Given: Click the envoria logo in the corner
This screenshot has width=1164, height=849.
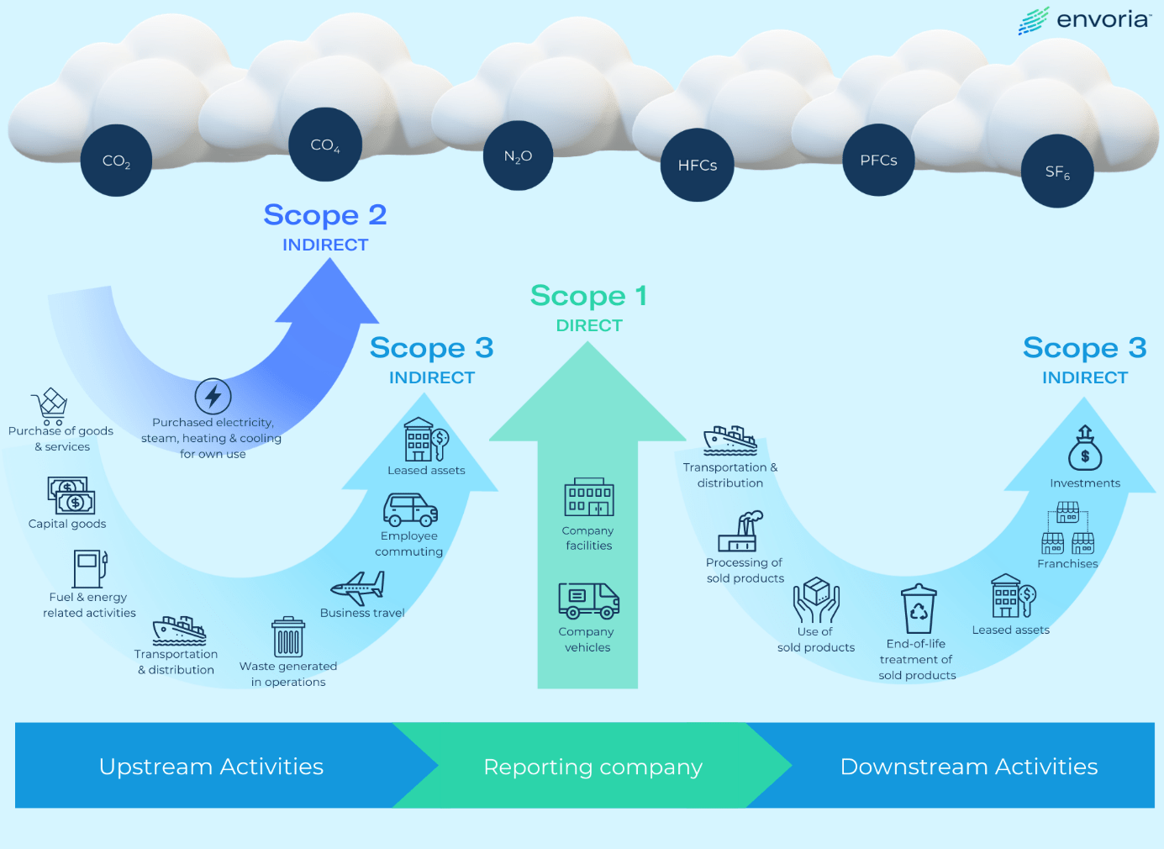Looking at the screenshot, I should pos(1083,20).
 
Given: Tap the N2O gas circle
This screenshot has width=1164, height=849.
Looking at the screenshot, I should pos(518,156).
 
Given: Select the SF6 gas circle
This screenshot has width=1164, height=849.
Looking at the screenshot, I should pos(1057,171).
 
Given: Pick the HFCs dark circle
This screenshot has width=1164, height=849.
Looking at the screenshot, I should pos(697,166).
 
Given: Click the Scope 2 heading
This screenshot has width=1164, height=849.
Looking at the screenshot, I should pos(325,215).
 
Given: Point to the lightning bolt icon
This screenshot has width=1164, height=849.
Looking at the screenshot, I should pos(213,396).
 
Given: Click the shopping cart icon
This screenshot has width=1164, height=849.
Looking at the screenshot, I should pos(50,406).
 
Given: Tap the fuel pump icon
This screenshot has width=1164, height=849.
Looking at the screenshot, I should pos(89,568).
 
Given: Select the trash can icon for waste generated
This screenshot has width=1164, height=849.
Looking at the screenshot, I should pos(287,637).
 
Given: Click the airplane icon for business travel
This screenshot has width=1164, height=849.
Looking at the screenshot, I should pos(359,588).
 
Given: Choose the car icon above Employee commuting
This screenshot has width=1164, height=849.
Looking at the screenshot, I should pos(410,509).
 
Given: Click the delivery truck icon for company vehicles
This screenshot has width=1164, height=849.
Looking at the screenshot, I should pos(588,600).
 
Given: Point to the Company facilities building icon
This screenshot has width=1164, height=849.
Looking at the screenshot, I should pos(588,498).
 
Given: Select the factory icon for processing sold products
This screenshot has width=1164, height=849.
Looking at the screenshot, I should pos(740,532).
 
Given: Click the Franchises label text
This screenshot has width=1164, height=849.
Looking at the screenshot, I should pos(1067,564).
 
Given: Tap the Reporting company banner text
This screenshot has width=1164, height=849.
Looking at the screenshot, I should pos(593,767).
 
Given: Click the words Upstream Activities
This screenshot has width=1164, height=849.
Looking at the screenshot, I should pos(211,767).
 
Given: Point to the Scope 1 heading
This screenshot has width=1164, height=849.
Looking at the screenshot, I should pos(588,296).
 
